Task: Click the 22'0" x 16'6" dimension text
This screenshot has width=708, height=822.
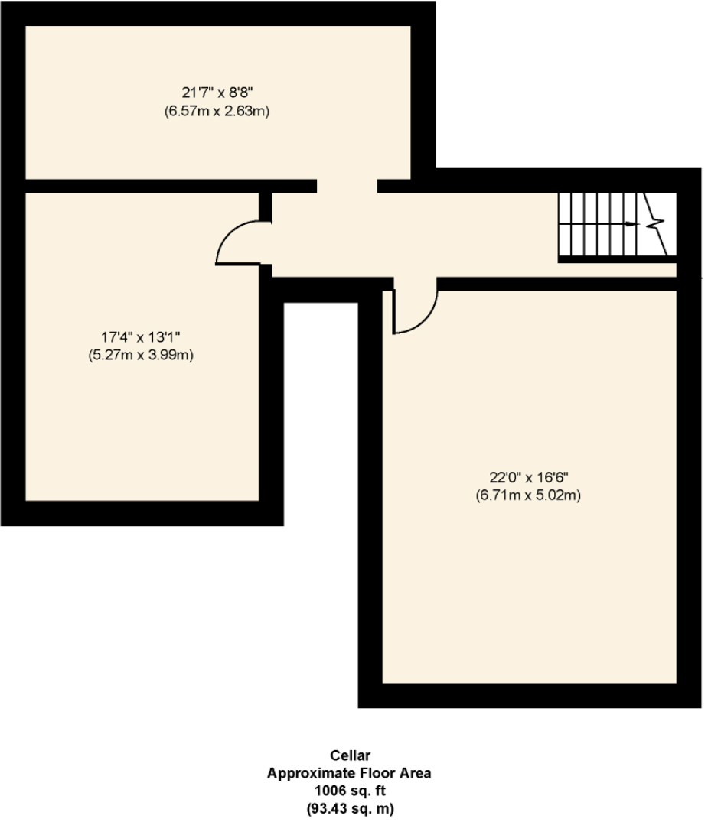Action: (x=528, y=476)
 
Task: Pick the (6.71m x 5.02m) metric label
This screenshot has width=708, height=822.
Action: (x=528, y=495)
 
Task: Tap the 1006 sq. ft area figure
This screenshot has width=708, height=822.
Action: (x=350, y=790)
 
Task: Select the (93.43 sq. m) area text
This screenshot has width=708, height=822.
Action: (x=350, y=807)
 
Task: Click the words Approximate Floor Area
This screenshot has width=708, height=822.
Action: (x=349, y=773)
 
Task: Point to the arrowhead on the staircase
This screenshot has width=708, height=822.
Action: (x=631, y=224)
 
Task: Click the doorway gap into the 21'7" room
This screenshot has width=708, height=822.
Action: (x=347, y=185)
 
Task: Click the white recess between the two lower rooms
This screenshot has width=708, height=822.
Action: (x=321, y=413)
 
